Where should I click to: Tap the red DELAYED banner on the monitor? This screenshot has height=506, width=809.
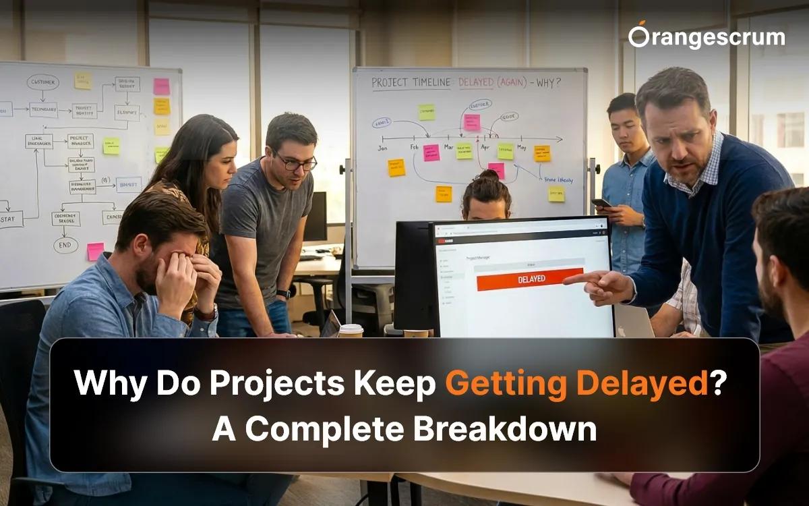point(529,279)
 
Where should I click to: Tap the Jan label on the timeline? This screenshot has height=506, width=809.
point(384,147)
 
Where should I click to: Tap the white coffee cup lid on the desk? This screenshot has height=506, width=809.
point(351,328)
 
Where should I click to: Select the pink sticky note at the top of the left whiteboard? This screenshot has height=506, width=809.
point(162,86)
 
